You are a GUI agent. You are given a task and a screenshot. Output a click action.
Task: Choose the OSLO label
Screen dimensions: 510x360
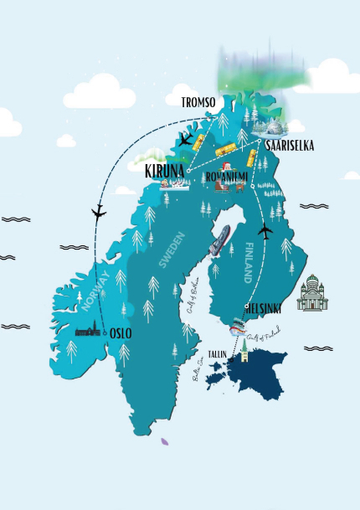point(121,332)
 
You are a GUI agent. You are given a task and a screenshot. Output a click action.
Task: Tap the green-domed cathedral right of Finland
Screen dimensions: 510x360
point(312,293)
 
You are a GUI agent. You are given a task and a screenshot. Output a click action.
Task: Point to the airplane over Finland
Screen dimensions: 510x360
point(267,231)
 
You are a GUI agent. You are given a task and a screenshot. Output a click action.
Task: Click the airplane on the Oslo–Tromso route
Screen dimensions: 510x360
point(99,211)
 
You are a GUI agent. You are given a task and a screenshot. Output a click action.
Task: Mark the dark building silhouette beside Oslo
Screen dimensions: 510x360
point(89,332)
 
